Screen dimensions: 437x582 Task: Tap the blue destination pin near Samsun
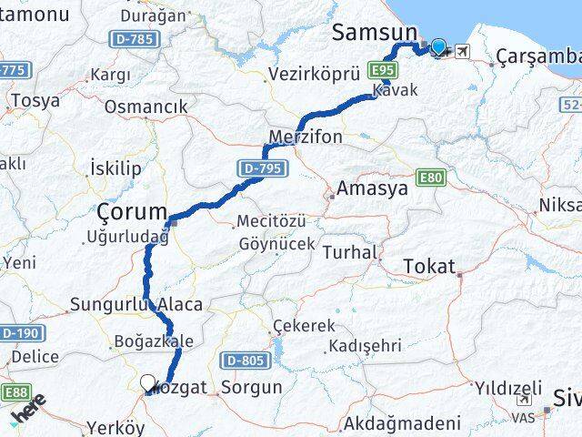(439, 47)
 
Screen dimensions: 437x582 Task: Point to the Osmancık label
(146, 107)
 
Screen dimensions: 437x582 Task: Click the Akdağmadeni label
(397, 424)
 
